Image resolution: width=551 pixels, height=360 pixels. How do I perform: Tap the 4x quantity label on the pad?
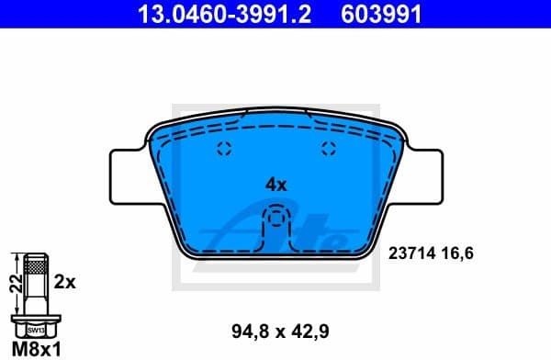276,184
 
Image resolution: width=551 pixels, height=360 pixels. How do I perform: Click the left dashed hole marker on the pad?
221,151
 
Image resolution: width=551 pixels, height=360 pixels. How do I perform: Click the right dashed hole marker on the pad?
329,151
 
